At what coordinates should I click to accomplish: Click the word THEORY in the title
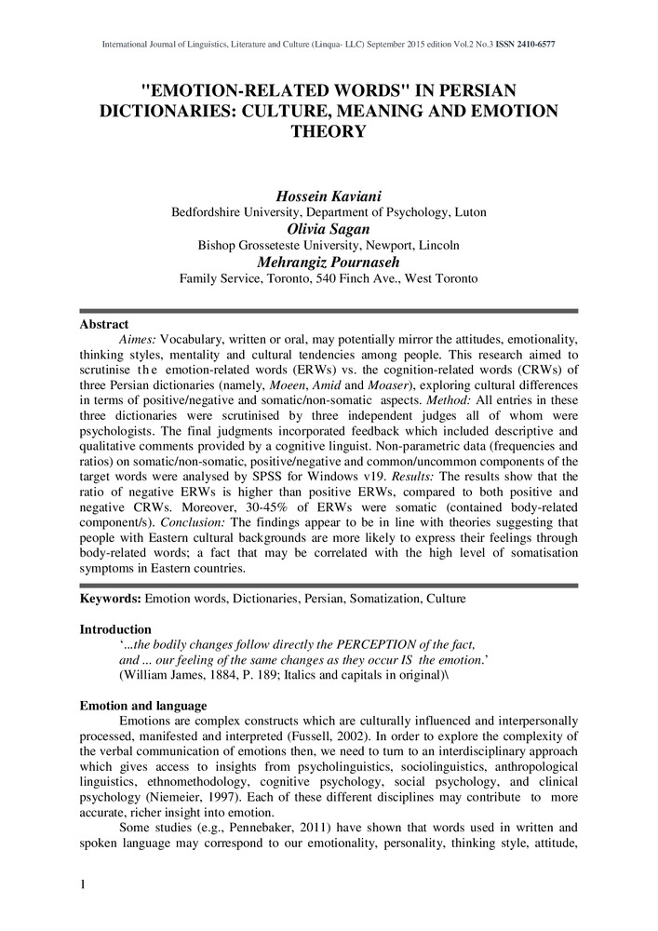329,132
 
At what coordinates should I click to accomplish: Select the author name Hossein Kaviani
329,195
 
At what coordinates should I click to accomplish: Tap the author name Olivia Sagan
329,228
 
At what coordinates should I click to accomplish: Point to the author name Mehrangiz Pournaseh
329,262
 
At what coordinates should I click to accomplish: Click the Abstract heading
102,325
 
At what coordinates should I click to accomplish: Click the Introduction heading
115,629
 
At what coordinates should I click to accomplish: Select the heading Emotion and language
143,706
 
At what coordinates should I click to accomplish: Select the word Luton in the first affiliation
468,211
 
